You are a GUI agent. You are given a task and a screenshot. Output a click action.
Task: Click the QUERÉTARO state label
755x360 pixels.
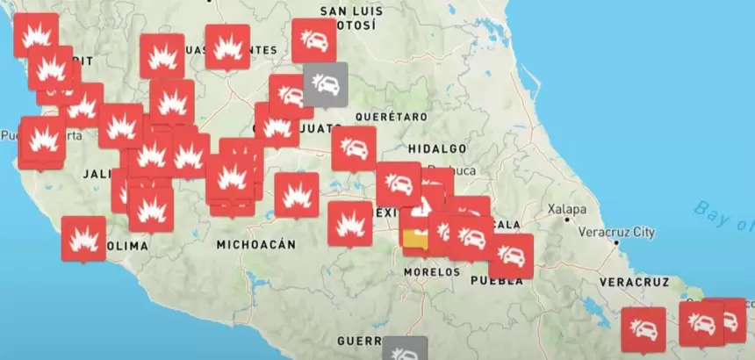click(391, 117)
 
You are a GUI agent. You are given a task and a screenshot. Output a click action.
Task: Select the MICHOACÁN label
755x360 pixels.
click(255, 245)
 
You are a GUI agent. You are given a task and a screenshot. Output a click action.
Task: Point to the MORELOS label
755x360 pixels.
click(432, 272)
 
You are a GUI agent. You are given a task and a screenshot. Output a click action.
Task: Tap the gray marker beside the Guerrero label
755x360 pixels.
click(405, 349)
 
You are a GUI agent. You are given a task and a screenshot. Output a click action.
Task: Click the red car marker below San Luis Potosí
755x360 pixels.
click(313, 40)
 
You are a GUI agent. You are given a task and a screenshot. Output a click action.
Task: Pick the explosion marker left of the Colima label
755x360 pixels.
click(83, 237)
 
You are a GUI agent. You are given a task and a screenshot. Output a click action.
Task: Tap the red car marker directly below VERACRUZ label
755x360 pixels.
click(644, 328)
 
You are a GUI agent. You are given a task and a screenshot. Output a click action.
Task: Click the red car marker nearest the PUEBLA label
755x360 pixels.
click(510, 255)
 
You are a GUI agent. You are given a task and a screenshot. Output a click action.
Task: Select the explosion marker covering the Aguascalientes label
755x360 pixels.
click(227, 46)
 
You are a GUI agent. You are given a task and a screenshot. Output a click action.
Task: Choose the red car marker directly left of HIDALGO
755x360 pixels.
click(354, 148)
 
